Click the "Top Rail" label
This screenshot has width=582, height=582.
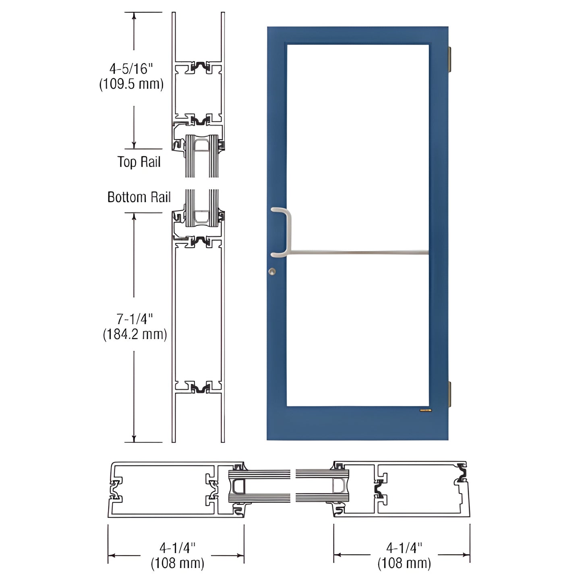pyautogui.click(x=139, y=162)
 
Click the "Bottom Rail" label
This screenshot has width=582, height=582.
pyautogui.click(x=139, y=197)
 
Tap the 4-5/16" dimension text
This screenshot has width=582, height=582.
pyautogui.click(x=132, y=69)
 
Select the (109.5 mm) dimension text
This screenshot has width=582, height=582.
pyautogui.click(x=132, y=84)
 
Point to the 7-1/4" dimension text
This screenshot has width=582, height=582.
pyautogui.click(x=135, y=319)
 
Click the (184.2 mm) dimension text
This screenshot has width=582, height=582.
pyautogui.click(x=135, y=334)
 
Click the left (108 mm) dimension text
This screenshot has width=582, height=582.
pyautogui.click(x=177, y=563)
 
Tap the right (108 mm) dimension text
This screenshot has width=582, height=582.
pyautogui.click(x=404, y=563)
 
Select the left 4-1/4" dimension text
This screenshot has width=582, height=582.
pyautogui.click(x=177, y=548)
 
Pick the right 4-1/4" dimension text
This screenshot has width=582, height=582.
pyautogui.click(x=404, y=548)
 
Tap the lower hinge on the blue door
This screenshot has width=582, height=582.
pyautogui.click(x=450, y=395)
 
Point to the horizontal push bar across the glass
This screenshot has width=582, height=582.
pyautogui.click(x=358, y=253)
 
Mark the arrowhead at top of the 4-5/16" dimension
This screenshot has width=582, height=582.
pyautogui.click(x=134, y=16)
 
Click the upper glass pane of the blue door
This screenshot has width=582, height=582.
pyautogui.click(x=358, y=145)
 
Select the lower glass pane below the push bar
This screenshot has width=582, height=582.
pyautogui.click(x=358, y=330)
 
